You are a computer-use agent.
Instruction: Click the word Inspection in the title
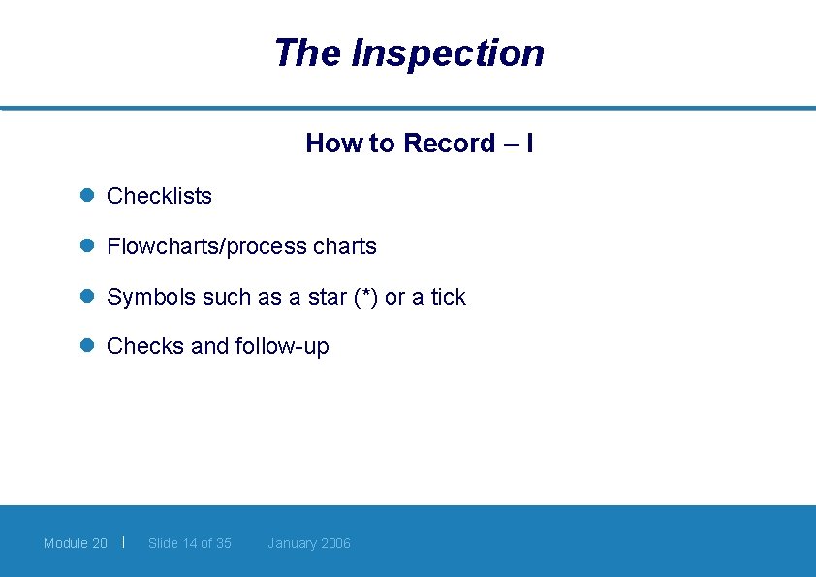447,53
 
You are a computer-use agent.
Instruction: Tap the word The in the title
307,52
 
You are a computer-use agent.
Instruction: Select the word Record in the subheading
449,144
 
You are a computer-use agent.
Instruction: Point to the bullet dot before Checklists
86,195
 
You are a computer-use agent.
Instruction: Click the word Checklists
159,196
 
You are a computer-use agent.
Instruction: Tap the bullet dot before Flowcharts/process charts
86,246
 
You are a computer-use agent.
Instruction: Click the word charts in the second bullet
345,246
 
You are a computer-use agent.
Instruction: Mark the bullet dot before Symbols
86,297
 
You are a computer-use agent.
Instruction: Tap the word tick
448,297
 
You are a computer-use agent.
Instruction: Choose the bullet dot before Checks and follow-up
86,346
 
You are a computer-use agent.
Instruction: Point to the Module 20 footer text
76,543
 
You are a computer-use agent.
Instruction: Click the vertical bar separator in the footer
124,541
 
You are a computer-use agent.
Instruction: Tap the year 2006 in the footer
335,543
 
